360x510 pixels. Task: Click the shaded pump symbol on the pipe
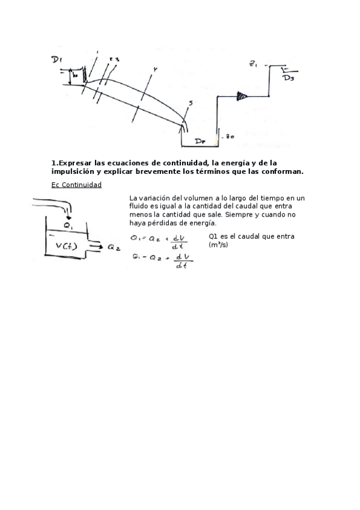[x=242, y=95]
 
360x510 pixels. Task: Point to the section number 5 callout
[x=190, y=104]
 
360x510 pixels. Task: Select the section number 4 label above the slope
[x=154, y=70]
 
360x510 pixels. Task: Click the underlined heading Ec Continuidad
[x=76, y=185]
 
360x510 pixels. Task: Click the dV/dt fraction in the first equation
[x=178, y=241]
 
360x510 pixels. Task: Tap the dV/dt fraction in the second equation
[x=178, y=262]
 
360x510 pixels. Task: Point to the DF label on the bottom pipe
[x=201, y=141]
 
